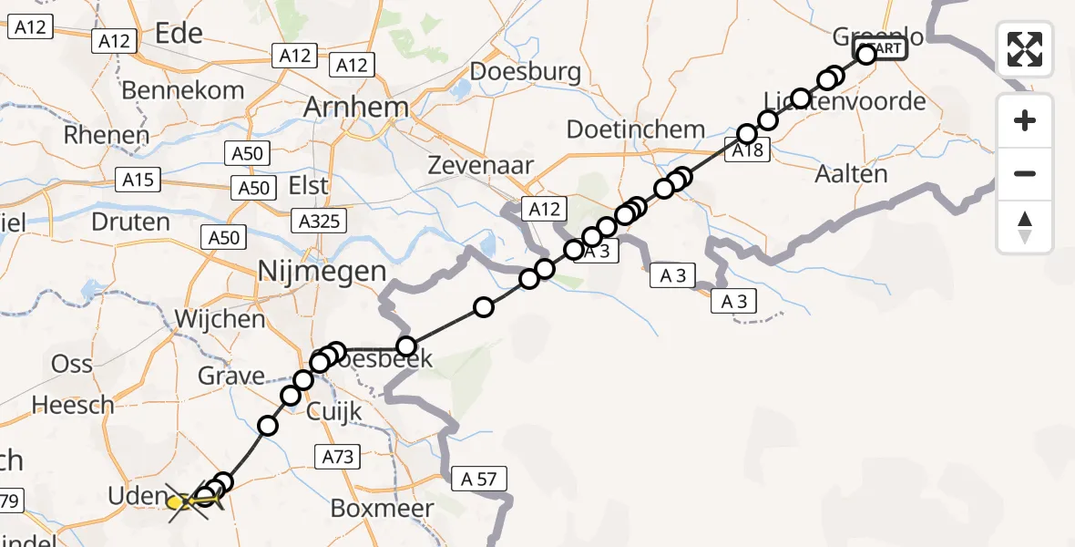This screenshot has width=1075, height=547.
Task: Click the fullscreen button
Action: click(1025, 48)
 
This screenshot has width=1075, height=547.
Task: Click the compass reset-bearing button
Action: click(1025, 227)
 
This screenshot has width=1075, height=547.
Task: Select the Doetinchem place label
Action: click(635, 129)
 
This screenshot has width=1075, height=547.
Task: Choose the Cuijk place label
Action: click(333, 411)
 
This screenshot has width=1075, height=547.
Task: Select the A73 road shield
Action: click(335, 456)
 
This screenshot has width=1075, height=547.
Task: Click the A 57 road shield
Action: click(478, 479)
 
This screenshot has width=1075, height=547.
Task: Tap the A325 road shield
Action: click(319, 220)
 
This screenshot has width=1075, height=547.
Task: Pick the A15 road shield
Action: click(138, 181)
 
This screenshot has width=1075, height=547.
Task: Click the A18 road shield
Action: click(747, 152)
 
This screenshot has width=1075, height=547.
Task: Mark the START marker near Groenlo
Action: click(881, 49)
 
